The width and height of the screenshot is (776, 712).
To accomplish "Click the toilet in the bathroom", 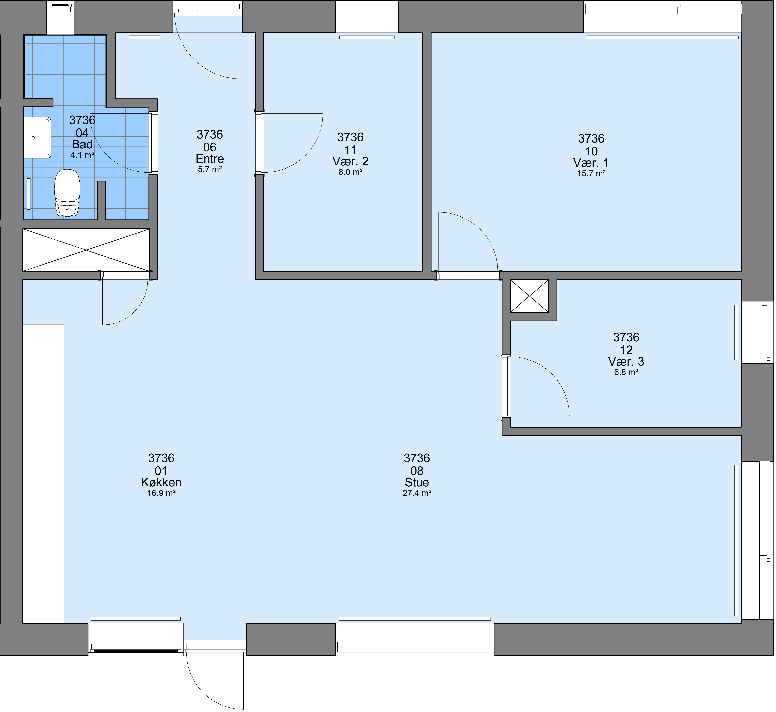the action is (67, 193).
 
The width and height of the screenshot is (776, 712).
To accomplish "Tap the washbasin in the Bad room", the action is (37, 137).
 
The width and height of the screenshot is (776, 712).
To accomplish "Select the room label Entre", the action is (210, 159).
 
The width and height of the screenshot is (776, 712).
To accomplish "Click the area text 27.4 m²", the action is (417, 493).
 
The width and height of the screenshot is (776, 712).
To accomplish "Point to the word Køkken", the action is (161, 482).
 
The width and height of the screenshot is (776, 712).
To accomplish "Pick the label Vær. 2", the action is (350, 161).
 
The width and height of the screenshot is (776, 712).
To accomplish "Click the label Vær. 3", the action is (626, 362).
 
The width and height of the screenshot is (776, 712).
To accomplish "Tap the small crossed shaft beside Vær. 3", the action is (529, 296).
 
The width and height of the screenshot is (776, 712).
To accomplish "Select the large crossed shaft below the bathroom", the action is (86, 250).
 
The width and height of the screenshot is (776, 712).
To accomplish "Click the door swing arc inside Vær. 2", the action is (308, 154).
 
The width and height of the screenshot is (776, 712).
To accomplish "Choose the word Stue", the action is (417, 482).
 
